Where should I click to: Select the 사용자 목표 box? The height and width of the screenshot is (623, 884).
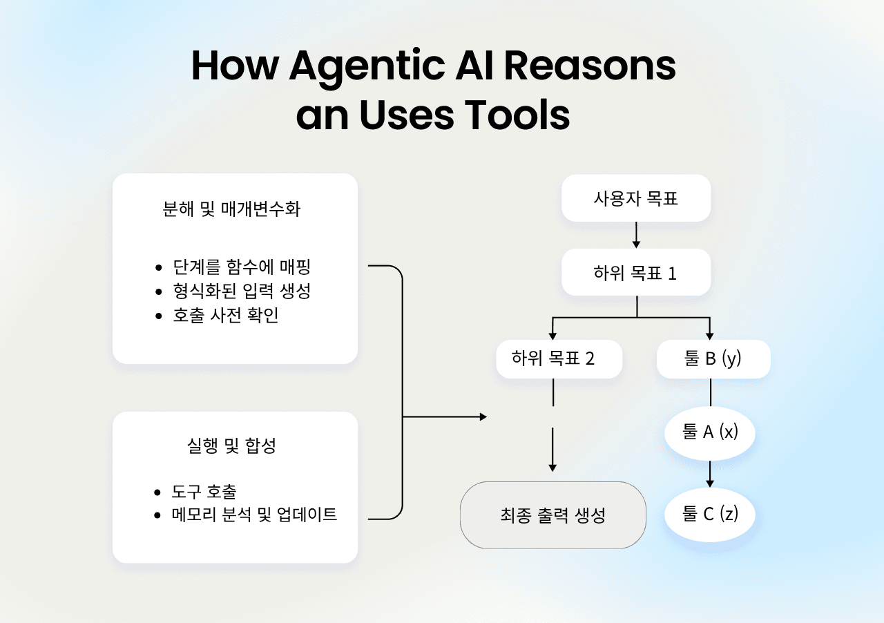636,198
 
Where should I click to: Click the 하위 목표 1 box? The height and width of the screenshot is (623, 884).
636,273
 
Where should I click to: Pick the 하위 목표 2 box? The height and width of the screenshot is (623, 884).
553,358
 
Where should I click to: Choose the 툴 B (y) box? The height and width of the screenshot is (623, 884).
713,358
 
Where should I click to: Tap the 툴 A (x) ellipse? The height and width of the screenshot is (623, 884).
710,433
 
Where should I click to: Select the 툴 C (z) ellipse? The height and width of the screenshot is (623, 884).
710,515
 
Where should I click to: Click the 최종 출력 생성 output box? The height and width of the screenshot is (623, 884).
552,515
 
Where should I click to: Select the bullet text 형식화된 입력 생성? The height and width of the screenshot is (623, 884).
242,291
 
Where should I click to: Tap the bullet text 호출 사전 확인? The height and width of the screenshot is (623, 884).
226,316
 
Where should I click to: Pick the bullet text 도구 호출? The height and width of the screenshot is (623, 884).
204,492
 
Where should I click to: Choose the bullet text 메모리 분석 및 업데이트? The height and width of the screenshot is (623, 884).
255,515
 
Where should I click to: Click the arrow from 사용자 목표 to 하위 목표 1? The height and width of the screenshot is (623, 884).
637,235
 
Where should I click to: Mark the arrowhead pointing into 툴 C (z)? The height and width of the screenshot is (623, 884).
710,483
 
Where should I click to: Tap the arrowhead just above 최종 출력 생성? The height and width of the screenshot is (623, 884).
552,468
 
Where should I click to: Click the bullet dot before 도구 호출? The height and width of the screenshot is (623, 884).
158,492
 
